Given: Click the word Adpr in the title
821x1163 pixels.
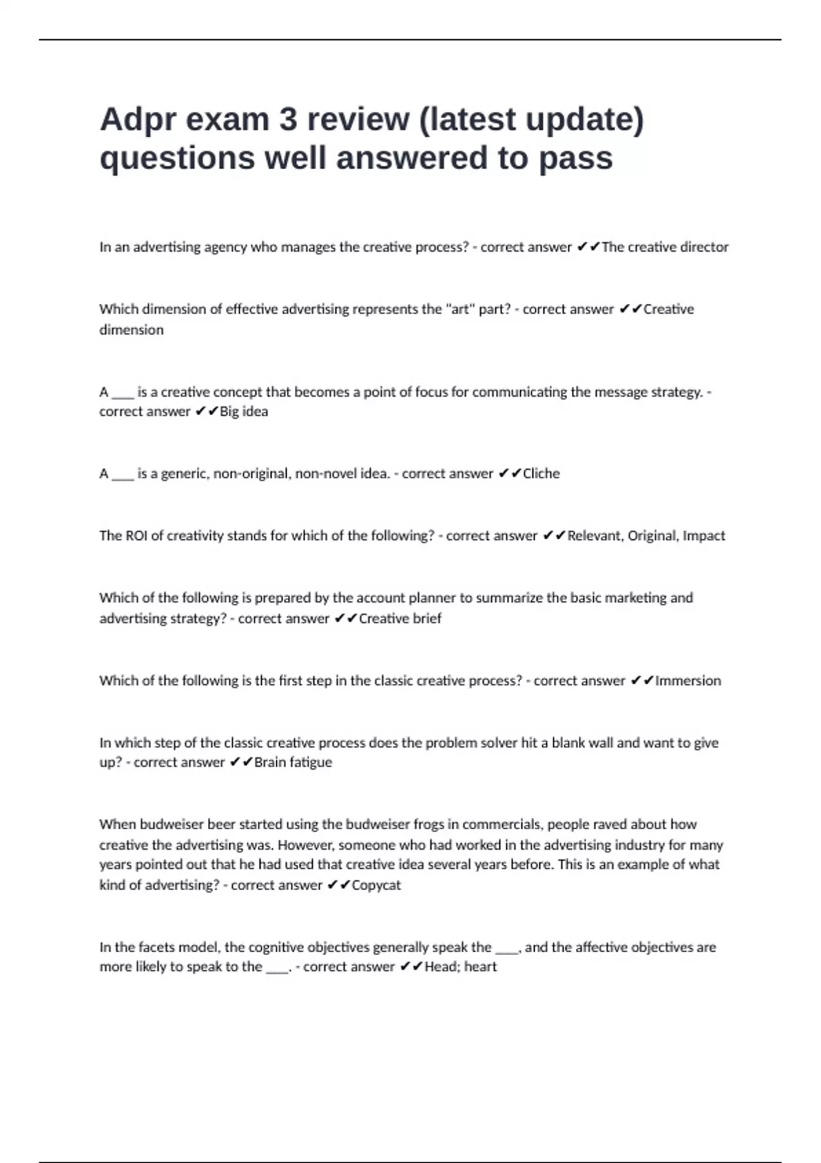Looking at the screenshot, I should [135, 120].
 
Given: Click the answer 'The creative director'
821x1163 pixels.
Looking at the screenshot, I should [664, 247].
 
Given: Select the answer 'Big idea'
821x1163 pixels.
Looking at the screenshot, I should [244, 412].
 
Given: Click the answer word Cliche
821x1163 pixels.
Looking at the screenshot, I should [540, 473].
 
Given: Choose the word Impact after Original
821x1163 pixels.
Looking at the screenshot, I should [703, 536].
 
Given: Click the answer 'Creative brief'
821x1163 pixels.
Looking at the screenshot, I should [400, 618].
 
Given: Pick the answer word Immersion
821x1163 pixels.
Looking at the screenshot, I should [688, 681].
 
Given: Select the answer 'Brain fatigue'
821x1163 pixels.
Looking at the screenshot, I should [293, 762].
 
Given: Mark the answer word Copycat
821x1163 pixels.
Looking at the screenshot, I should [376, 885].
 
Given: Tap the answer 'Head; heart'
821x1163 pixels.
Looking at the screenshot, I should [460, 967].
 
